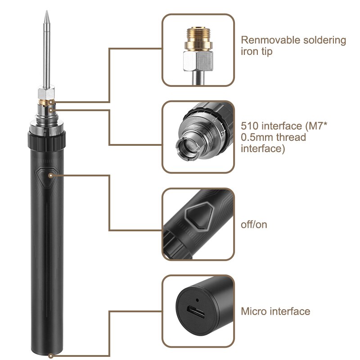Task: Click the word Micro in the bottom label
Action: coord(254,311)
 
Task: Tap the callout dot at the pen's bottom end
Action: coord(50,355)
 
